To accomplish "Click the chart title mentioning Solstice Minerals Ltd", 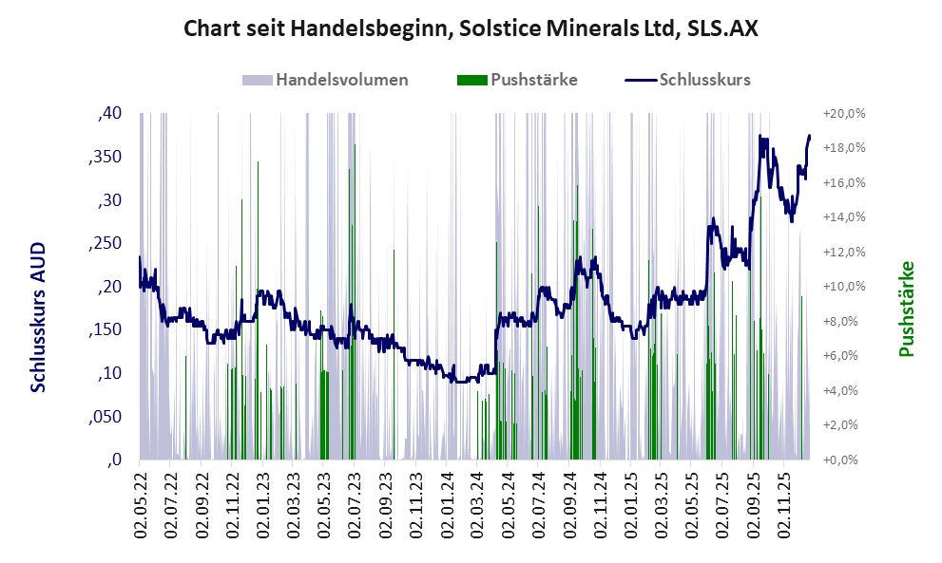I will click(471, 29).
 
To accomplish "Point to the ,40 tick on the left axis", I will click(109, 114).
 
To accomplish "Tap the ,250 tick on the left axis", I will click(105, 244).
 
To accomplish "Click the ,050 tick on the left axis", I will click(105, 417).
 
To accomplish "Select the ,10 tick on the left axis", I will click(109, 374).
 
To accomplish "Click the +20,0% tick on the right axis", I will click(846, 114).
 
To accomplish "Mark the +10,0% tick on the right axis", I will click(846, 287).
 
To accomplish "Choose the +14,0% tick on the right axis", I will click(846, 217).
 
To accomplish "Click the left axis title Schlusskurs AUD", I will click(38, 316).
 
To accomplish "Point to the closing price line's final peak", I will click(809, 136).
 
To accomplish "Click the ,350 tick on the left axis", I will click(105, 158).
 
